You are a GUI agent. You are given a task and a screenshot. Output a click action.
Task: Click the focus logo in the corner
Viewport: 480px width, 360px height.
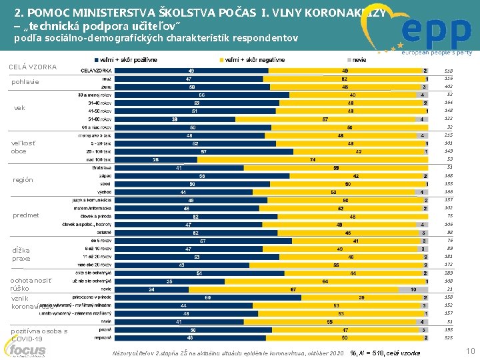coord(28,349)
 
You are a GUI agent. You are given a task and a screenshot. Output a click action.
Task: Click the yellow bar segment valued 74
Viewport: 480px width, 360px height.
coord(312,159)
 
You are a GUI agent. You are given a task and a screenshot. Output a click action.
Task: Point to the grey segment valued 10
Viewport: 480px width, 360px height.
coord(413,289)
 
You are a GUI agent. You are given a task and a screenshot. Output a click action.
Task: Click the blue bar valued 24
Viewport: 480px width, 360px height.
coord(151,289)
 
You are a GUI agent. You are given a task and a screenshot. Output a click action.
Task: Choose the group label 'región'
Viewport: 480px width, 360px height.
coord(23,180)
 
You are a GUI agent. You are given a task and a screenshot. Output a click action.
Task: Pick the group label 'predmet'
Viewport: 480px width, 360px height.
coord(26,215)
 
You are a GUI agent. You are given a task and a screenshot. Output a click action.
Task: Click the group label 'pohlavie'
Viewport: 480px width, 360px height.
coord(25,82)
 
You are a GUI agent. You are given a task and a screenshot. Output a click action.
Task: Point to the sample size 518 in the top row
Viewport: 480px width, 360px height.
coord(449,71)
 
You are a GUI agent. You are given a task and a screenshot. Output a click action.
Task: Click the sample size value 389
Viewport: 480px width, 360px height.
coord(449,273)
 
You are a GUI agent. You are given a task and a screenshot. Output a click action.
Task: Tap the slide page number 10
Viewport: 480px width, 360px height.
coord(469,351)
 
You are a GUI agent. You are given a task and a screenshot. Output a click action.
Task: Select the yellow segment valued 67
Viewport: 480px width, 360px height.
coord(293,289)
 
